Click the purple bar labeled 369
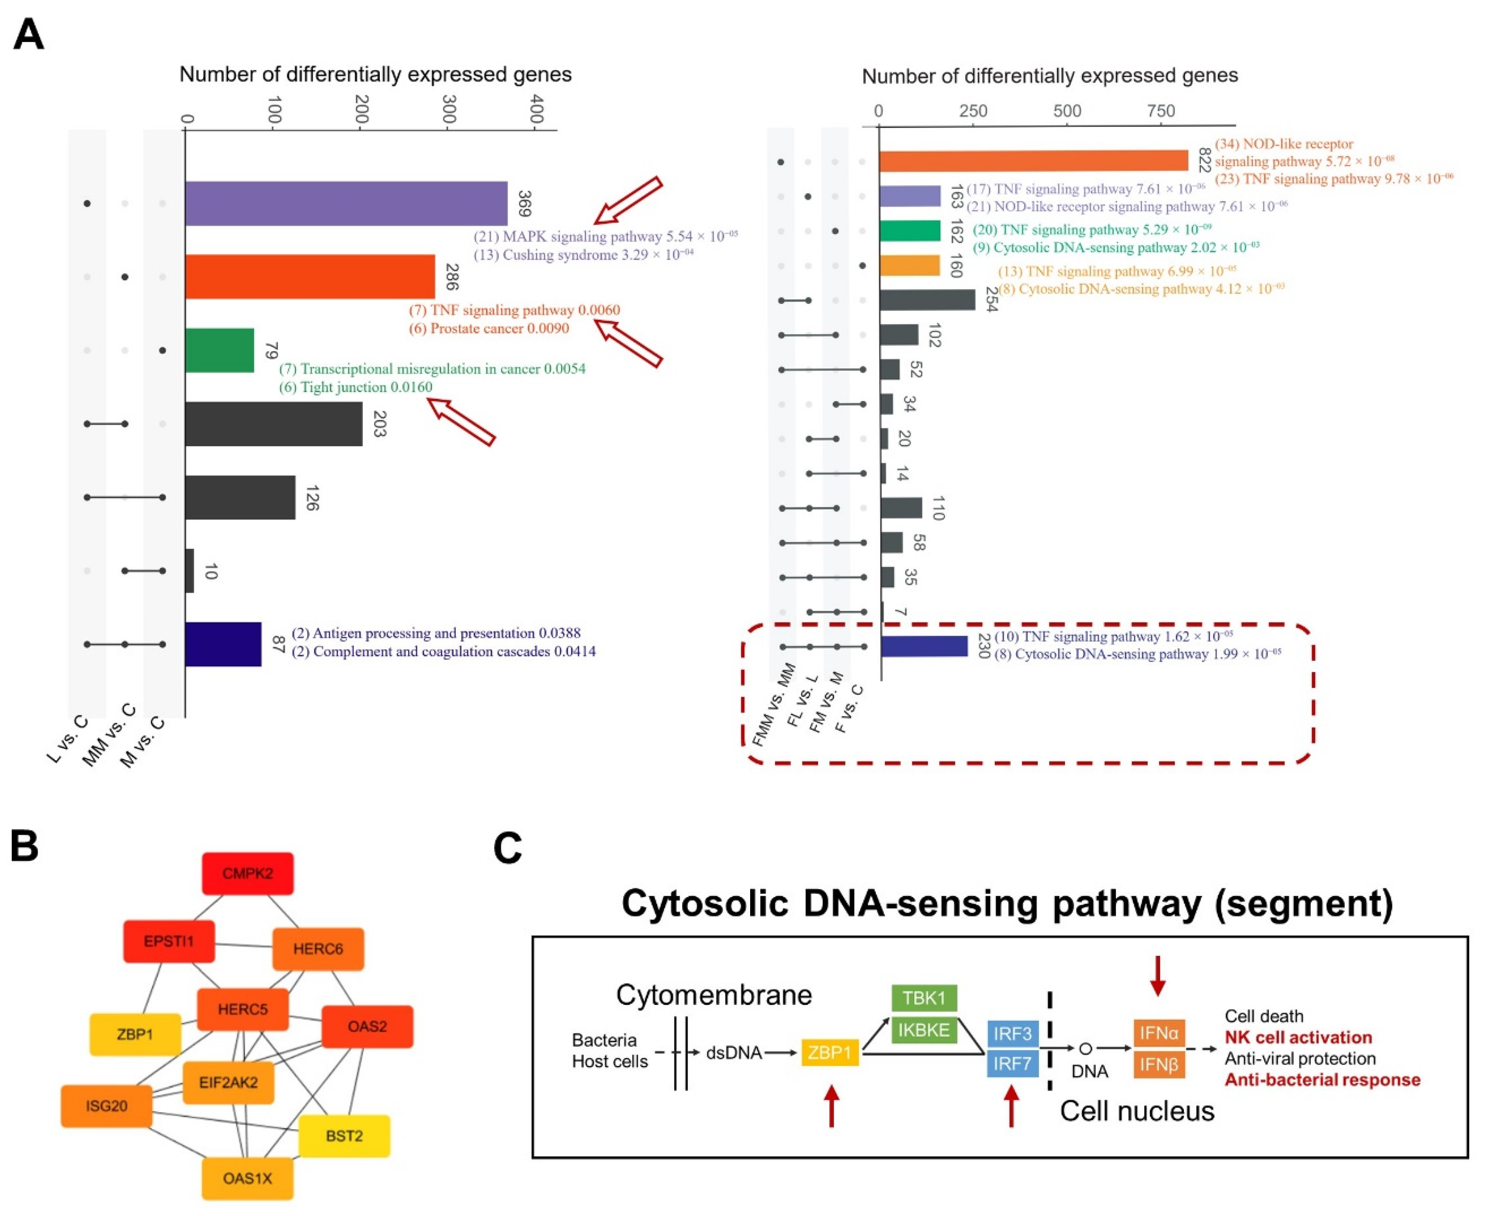[x=346, y=203]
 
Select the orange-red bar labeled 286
[x=310, y=277]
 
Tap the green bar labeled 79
[x=219, y=350]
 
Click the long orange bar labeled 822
[x=1033, y=161]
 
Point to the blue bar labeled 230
[x=924, y=646]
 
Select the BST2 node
[x=344, y=1136]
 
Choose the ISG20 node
[x=107, y=1106]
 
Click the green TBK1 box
[x=924, y=997]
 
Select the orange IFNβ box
[x=1159, y=1065]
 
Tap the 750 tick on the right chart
[x=1161, y=111]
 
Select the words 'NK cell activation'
[x=1298, y=1037]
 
